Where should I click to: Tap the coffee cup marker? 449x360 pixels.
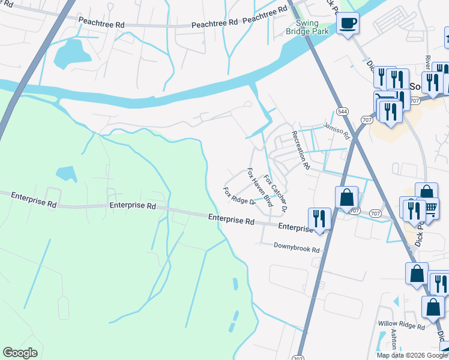tap(348, 25)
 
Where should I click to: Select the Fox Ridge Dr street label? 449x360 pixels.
tap(240, 196)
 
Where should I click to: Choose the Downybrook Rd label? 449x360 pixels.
tap(297, 246)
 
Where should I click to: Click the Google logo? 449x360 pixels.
tap(20, 353)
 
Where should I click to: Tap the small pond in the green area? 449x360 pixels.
tap(67, 173)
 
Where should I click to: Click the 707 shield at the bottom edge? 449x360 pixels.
tap(298, 358)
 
